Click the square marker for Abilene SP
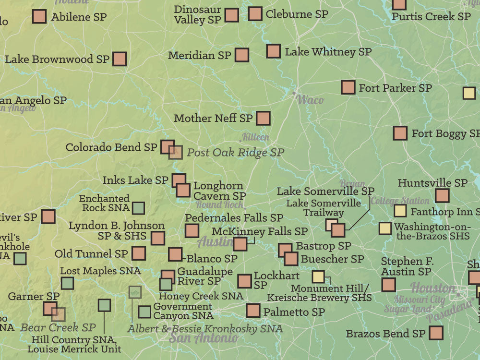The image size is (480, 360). coord(39,17)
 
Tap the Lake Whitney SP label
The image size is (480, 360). coord(328,52)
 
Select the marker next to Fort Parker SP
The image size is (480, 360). coord(348,87)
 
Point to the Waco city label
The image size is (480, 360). coord(310,100)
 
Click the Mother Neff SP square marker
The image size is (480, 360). coord(263,118)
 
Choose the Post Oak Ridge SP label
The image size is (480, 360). coord(235,153)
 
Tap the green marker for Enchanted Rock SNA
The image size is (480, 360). coord(138,208)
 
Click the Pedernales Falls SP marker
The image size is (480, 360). coord(192,231)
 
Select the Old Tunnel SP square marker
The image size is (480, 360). coord(138,253)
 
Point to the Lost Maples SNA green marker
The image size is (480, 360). coord(67,283)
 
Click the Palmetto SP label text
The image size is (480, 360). coord(294,312)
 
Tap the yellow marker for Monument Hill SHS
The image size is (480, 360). coord(318,276)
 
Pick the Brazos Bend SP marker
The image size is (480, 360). coord(436,333)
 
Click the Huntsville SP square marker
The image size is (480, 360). coord(442,196)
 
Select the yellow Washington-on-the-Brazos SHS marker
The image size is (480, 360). coord(385,228)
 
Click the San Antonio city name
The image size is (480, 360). coord(203,337)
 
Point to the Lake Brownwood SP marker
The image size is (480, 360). coord(119,59)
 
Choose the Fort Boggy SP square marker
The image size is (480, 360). coord(400,133)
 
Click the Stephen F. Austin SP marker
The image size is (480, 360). coord(388,285)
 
